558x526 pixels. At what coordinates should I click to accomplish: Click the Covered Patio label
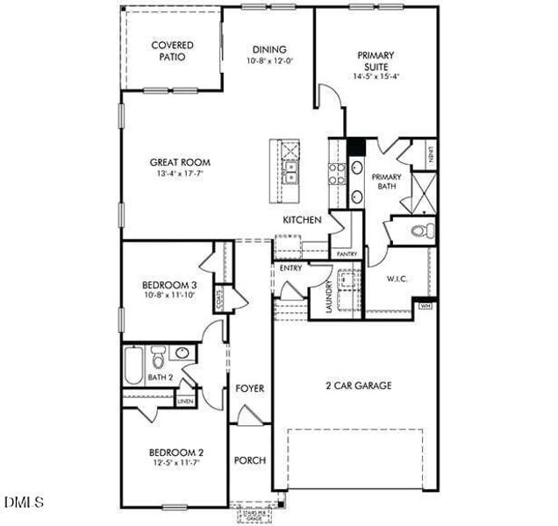click(172, 51)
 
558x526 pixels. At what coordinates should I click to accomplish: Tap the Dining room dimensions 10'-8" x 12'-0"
click(270, 62)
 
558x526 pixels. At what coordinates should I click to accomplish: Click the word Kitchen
click(301, 220)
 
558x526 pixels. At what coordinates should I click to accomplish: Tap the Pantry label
click(347, 254)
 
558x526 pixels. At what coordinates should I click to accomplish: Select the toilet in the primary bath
click(420, 231)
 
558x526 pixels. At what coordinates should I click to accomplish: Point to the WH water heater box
click(426, 306)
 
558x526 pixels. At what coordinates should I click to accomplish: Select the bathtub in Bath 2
click(132, 366)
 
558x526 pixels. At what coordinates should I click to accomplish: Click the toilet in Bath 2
click(158, 358)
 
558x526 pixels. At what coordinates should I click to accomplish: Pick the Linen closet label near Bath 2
click(184, 402)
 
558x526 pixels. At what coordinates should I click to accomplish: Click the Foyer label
click(249, 387)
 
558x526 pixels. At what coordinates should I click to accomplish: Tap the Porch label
click(249, 460)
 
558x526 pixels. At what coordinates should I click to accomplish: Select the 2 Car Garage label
click(358, 385)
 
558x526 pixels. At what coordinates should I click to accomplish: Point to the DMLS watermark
click(23, 502)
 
